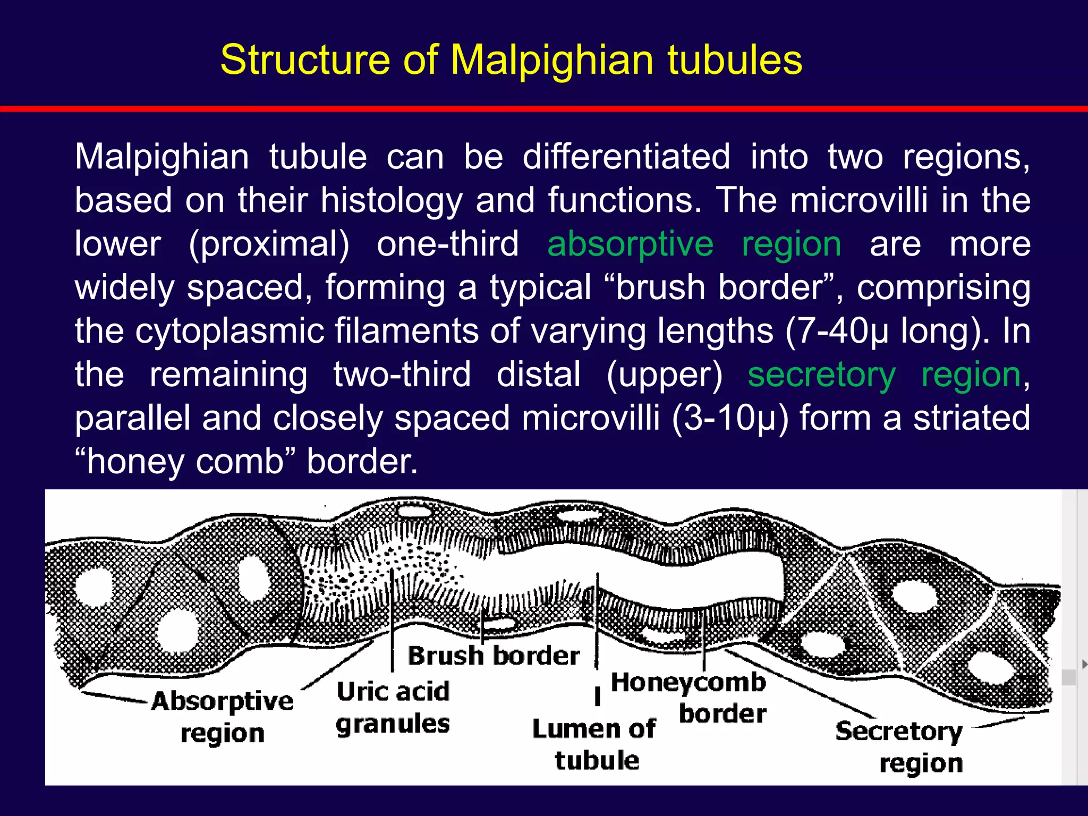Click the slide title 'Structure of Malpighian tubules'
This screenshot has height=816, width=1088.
[x=511, y=59]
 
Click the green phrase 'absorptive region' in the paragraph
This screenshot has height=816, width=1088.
[x=694, y=244]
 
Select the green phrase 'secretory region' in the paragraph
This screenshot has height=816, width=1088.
[x=884, y=375]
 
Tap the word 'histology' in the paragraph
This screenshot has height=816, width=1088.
[x=391, y=201]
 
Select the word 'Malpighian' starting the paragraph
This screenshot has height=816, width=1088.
[x=162, y=157]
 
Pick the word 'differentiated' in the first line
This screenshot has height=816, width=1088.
[x=626, y=157]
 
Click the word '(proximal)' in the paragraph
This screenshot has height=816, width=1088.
[x=269, y=244]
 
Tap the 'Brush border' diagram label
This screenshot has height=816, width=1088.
[x=494, y=656]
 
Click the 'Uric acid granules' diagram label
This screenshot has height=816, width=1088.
[x=393, y=708]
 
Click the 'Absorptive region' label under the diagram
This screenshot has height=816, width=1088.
[x=222, y=717]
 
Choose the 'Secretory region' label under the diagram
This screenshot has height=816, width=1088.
[x=904, y=747]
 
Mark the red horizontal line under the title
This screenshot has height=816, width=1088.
[x=544, y=109]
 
